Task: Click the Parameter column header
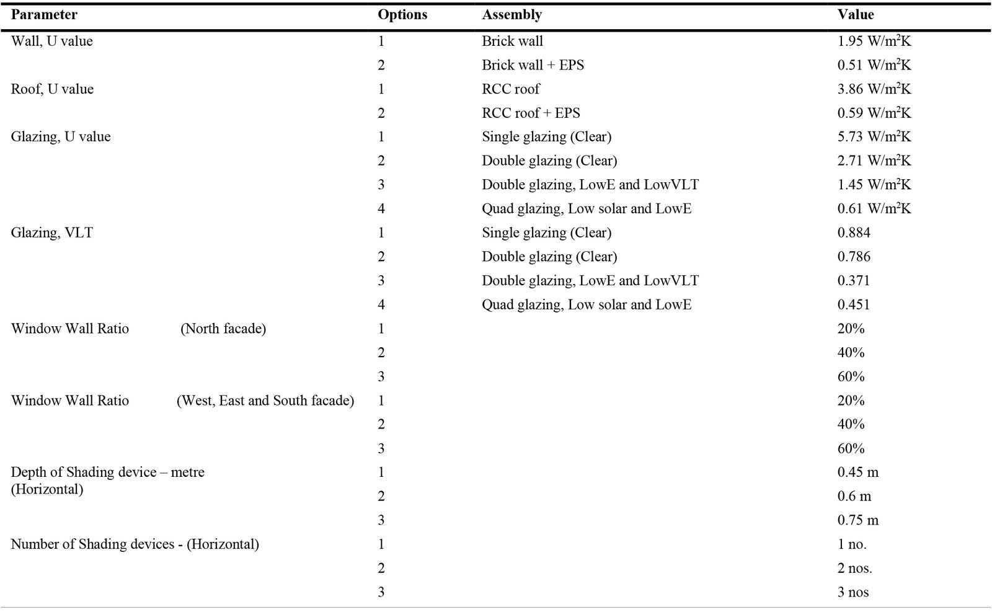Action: [44, 15]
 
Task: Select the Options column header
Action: [402, 15]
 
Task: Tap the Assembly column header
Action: [511, 15]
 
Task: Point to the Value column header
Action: [855, 15]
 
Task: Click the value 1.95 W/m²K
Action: [874, 41]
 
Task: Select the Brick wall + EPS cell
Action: [533, 65]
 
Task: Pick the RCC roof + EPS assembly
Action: [531, 113]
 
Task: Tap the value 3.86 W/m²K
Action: [874, 89]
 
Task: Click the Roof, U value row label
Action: [52, 89]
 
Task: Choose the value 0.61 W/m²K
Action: [874, 208]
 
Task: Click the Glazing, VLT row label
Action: [52, 233]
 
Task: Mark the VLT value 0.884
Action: [853, 233]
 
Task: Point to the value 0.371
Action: [853, 281]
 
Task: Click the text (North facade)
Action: [223, 329]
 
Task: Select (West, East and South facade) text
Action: [265, 401]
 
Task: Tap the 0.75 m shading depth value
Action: [858, 520]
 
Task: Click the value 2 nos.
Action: [855, 568]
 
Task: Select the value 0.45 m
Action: [858, 472]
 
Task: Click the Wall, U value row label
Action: [52, 41]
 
